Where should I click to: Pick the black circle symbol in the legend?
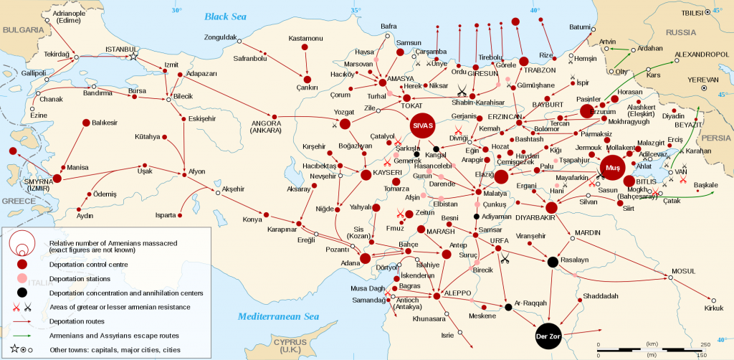click(x=23, y=293)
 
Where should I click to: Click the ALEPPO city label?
click(x=458, y=295)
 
